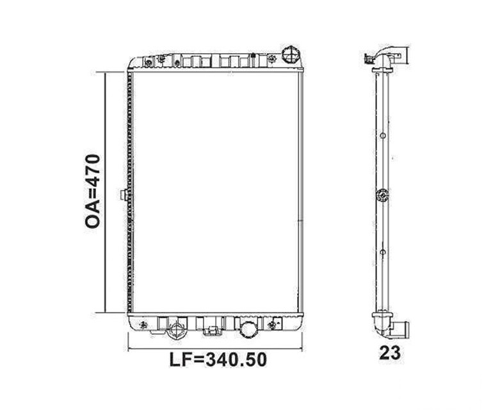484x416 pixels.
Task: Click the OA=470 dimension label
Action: click(93, 191)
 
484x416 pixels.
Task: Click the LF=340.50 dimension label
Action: click(218, 360)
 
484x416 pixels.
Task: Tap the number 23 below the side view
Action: click(390, 353)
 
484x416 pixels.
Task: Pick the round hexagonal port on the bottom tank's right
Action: click(248, 330)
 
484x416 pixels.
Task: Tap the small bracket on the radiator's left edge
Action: click(124, 195)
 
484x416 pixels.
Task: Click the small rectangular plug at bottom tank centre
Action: click(212, 331)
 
